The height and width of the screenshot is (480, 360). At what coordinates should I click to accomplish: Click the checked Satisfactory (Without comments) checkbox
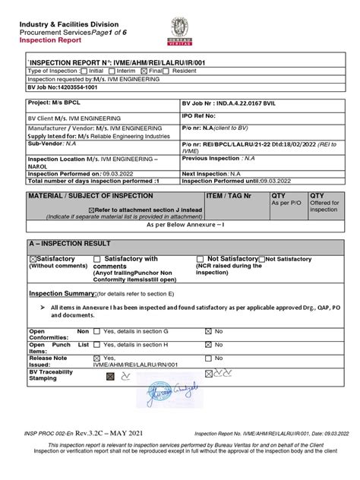tap(33, 260)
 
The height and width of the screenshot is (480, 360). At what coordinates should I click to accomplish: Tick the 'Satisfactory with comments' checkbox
tap(97, 260)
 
